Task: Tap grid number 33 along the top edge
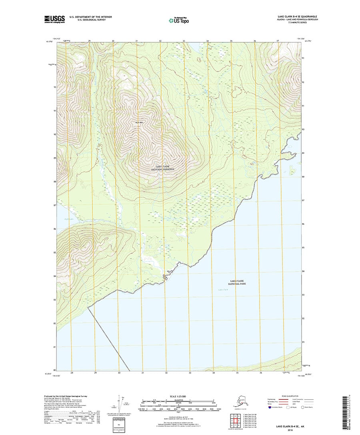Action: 184,41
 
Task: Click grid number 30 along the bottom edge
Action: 119,373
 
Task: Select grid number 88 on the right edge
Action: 304,177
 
